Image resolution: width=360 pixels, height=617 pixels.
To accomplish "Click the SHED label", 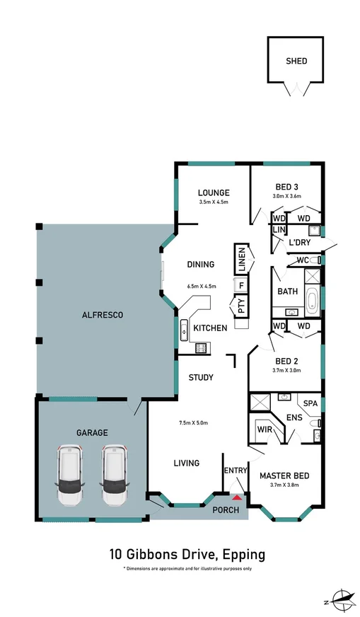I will [x=296, y=61].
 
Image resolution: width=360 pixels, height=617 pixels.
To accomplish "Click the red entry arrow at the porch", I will [x=237, y=499].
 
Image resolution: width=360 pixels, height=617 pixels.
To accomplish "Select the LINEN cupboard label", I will [x=242, y=259].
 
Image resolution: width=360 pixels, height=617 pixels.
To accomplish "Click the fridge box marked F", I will [x=241, y=286].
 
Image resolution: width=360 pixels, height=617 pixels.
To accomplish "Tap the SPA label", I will [x=310, y=403].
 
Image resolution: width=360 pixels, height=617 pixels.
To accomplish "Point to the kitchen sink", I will [x=184, y=328].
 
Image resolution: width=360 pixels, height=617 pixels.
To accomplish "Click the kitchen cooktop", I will [x=200, y=347].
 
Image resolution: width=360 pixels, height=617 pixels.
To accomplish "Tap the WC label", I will [x=302, y=260].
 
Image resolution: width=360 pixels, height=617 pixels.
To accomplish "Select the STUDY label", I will [x=201, y=377].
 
